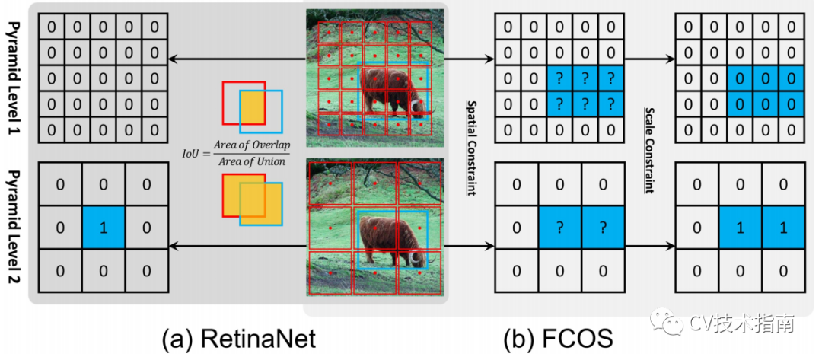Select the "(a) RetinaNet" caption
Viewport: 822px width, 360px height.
point(237,339)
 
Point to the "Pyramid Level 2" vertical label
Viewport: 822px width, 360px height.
point(14,228)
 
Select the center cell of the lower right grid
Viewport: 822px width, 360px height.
point(739,228)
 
